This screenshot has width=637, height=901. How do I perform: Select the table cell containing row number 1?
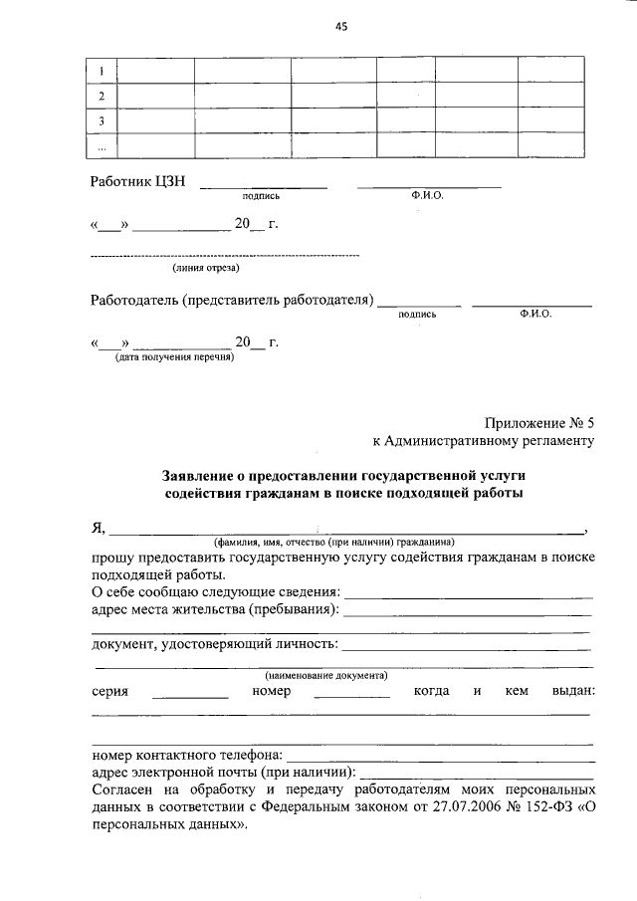[102, 71]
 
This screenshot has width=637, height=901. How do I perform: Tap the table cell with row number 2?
[102, 96]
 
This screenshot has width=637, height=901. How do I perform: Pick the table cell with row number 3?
[102, 120]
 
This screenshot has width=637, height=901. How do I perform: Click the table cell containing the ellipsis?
[102, 146]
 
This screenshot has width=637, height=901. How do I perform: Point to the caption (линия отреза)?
[205, 267]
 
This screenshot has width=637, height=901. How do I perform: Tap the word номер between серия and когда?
[271, 691]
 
